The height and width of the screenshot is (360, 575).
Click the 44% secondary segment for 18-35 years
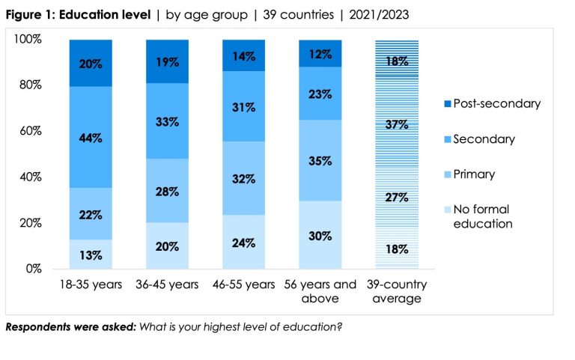coord(91,138)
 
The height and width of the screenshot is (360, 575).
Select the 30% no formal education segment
coord(321,234)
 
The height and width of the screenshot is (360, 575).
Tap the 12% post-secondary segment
coord(321,54)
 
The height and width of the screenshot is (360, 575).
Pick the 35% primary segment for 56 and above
coord(321,160)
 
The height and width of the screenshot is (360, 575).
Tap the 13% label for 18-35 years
coord(91,254)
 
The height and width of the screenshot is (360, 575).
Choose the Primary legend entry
coord(474,174)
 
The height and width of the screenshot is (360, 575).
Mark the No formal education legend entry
coord(484,216)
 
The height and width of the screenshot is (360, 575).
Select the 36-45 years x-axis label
coord(168,285)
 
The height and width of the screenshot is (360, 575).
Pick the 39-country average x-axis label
coord(397,292)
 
